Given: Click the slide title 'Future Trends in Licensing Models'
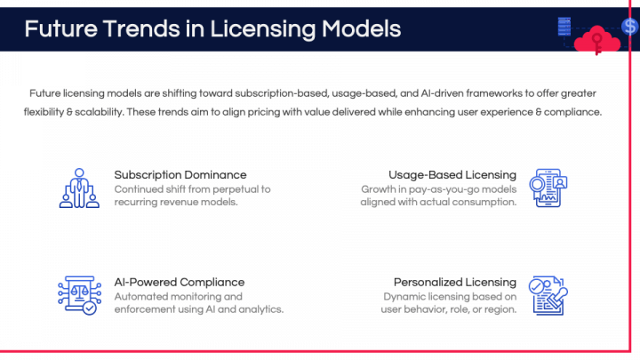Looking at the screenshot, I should tap(212, 29).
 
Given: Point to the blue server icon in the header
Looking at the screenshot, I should tap(564, 27).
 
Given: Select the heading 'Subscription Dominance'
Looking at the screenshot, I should tap(180, 174).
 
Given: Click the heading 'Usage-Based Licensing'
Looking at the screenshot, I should tap(452, 174).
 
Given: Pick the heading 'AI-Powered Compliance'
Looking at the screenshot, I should tap(180, 282).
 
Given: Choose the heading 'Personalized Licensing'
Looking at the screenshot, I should tap(455, 282).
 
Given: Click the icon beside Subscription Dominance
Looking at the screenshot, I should tap(78, 188).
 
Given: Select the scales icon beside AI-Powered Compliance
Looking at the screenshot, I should tap(78, 295).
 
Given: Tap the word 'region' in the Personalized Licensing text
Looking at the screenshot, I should tap(500, 309).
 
